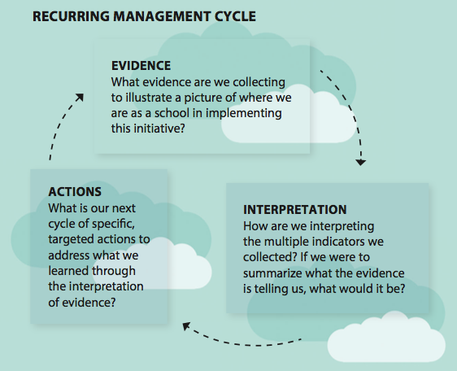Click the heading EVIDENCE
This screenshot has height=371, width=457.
(141, 66)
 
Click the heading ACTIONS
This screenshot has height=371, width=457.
(75, 192)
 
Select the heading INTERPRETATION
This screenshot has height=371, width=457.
(295, 210)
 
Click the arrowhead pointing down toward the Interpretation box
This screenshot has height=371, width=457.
(361, 163)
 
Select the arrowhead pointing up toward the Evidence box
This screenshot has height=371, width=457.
(80, 98)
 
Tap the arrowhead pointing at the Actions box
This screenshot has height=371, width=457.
(186, 326)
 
